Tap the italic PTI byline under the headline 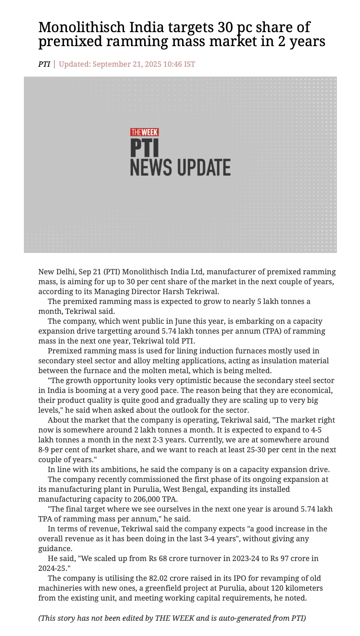44,64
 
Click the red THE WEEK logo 145,132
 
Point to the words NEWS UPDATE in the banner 180,168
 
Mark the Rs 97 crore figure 287,559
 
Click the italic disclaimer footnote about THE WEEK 172,618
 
